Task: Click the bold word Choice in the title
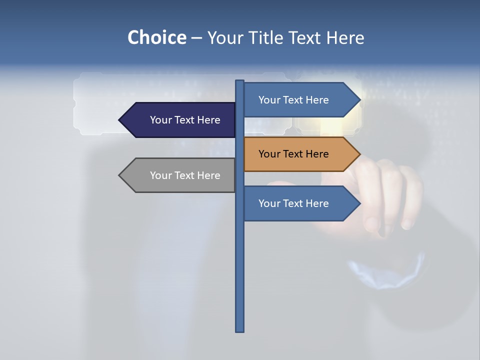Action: click(x=156, y=37)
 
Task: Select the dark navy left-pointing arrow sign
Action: click(x=180, y=120)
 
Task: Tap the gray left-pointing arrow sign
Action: click(x=180, y=175)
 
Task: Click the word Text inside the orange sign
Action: click(x=293, y=154)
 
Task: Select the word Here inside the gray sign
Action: click(x=208, y=175)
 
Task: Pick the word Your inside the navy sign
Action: click(x=161, y=120)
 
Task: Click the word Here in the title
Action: click(x=345, y=37)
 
